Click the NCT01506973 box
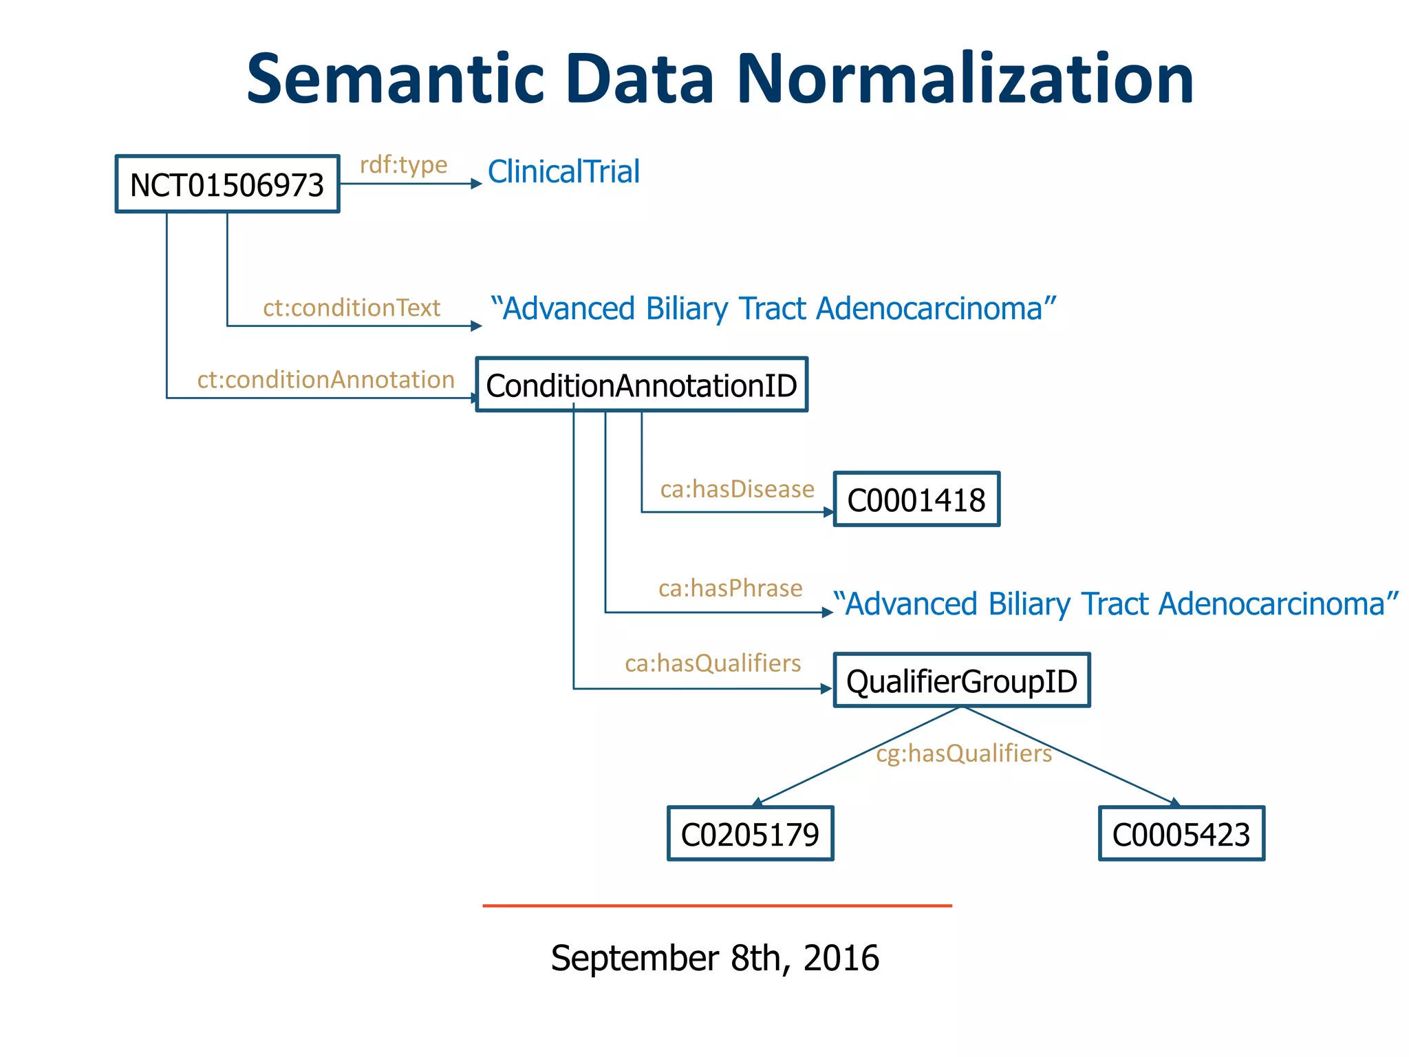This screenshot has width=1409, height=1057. pos(227,184)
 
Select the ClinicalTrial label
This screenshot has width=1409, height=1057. pos(563,172)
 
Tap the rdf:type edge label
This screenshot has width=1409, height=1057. pos(404,164)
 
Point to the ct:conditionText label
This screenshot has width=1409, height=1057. pos(352,308)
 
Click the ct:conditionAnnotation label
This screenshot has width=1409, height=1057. pos(325,380)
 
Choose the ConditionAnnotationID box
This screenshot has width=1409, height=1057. pos(641,385)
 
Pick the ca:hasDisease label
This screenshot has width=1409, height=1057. pos(737,489)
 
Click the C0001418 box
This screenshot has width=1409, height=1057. pos(916,500)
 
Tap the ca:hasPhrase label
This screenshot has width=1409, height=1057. pos(730,588)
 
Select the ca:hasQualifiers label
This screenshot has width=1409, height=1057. pos(713,663)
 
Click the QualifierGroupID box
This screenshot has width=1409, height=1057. pos(962,681)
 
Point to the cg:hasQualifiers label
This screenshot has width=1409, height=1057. pos(964,754)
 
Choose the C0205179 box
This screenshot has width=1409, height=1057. pos(750,834)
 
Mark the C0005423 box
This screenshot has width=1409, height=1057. pos(1181,834)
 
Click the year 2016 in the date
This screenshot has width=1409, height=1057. pos(841,958)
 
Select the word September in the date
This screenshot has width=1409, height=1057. pos(635,958)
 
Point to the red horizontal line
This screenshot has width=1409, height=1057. pos(717,906)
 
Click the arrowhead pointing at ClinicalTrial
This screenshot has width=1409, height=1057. pos(476,184)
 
